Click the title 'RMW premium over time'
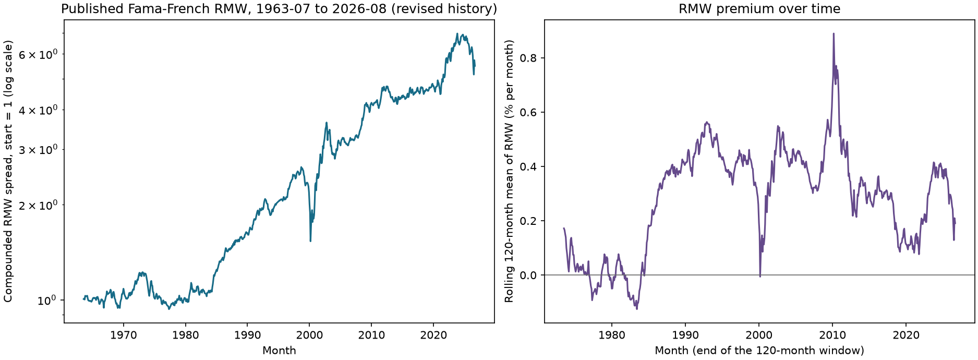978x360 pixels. pyautogui.click(x=759, y=9)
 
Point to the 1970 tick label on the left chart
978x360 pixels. pyautogui.click(x=124, y=335)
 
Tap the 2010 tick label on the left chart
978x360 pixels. pyautogui.click(x=371, y=335)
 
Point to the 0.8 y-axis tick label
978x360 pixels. pyautogui.click(x=532, y=58)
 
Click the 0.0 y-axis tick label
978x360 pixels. pyautogui.click(x=532, y=275)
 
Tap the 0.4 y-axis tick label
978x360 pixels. pyautogui.click(x=532, y=166)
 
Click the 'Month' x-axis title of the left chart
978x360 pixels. pyautogui.click(x=279, y=351)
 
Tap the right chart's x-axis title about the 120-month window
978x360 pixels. pyautogui.click(x=759, y=351)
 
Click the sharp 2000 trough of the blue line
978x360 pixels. pyautogui.click(x=310, y=241)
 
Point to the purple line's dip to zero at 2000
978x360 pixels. pyautogui.click(x=760, y=276)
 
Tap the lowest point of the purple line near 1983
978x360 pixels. pyautogui.click(x=637, y=309)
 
